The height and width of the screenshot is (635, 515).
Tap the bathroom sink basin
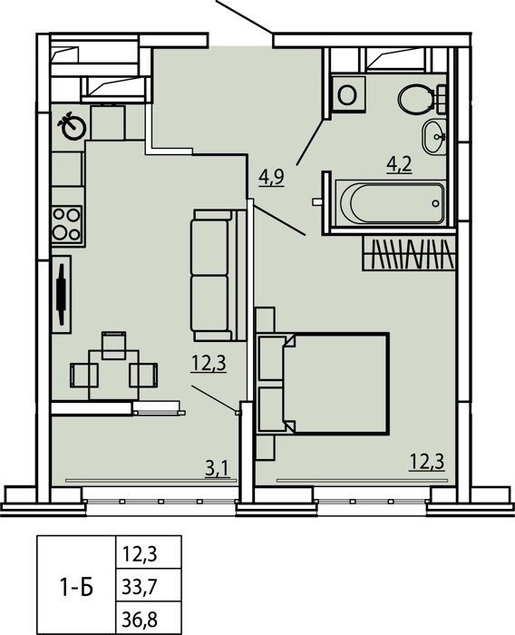[x=434, y=136]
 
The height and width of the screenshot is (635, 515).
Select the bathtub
[x=390, y=202]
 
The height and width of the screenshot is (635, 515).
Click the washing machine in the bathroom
[x=348, y=94]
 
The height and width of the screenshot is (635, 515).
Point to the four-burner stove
[x=67, y=224]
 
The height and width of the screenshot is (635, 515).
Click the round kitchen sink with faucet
[x=72, y=125]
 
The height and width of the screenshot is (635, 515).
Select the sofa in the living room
[x=219, y=275]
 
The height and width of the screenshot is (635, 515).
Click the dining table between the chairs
[x=113, y=375]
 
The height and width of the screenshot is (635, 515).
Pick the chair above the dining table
[x=113, y=345]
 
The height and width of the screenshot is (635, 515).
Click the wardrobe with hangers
[x=408, y=253]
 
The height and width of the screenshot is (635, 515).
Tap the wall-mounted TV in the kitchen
[x=62, y=294]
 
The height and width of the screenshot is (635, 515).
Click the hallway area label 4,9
[x=272, y=178]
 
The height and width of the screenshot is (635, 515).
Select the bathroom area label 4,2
[x=399, y=164]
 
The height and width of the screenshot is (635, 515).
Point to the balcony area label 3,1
[x=218, y=469]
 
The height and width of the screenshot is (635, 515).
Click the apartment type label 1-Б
[x=77, y=585]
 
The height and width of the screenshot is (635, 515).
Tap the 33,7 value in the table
[x=139, y=586]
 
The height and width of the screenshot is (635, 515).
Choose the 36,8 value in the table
[x=139, y=619]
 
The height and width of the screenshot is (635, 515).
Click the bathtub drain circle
[x=435, y=203]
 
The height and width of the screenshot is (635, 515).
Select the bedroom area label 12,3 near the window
[x=427, y=461]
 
